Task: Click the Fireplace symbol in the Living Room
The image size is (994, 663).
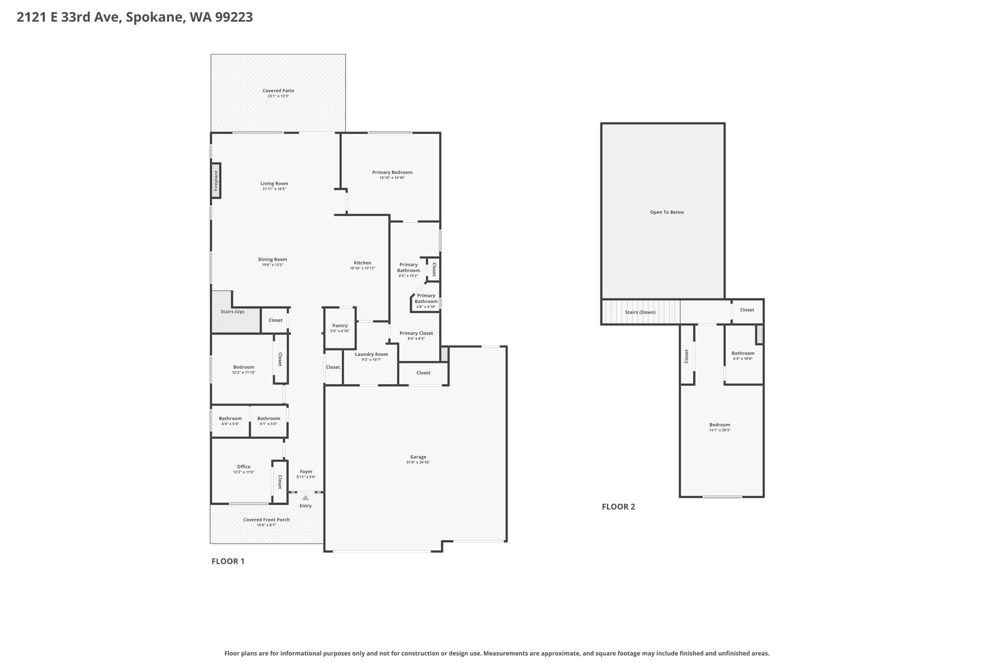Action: pos(216,181)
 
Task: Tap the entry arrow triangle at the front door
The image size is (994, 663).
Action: pos(305,498)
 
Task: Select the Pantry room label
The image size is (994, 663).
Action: pos(340,325)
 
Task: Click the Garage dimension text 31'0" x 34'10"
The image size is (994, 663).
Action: pos(418,462)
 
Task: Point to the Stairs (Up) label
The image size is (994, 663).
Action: pos(232,312)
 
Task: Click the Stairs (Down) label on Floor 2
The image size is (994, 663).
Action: pos(640,312)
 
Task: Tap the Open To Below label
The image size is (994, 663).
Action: pos(667,212)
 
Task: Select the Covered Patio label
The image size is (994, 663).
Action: pos(278,91)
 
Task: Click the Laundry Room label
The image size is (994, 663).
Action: pos(371,355)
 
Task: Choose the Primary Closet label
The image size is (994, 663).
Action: pos(416,333)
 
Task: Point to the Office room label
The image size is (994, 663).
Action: pos(244,467)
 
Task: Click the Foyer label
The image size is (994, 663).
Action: pos(306,472)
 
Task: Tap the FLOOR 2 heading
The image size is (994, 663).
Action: pos(618,507)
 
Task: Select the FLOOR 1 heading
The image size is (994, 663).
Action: pos(228,561)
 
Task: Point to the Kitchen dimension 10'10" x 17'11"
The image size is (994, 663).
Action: pos(363,268)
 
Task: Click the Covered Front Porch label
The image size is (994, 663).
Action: pos(266,520)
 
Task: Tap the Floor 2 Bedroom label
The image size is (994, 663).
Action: pos(720,425)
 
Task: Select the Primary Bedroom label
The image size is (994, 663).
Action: pos(392,172)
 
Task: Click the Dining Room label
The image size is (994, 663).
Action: pos(272,259)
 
